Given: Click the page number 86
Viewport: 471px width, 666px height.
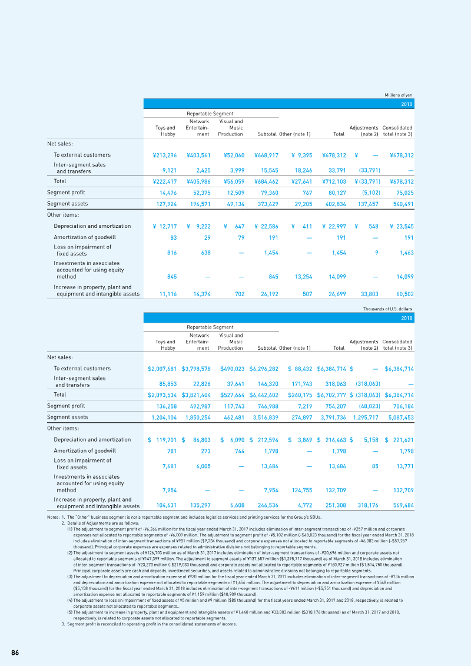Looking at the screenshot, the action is [15, 653].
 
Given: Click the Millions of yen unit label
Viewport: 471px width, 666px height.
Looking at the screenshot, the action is [399, 95].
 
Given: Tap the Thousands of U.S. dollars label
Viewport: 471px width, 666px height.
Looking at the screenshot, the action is [388, 309].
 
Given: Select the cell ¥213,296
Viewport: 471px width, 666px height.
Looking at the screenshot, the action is [165, 155].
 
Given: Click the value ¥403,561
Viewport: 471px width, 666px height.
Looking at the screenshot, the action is [199, 155].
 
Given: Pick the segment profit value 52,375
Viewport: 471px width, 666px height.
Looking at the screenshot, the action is [202, 193].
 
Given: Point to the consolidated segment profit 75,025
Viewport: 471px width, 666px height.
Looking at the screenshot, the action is [405, 193].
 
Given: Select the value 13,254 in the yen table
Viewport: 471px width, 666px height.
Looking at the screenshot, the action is [303, 277].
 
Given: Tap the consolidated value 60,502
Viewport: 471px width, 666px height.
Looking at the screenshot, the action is [405, 294].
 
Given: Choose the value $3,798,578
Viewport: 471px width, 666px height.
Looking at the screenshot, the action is [196, 369].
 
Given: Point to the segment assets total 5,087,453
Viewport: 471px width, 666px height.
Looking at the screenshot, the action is [401, 418].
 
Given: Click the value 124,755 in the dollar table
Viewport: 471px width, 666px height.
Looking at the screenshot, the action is [302, 490].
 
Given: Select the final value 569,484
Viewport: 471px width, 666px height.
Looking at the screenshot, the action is [403, 505].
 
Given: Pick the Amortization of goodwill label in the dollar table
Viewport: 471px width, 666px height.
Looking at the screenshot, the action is [85, 450].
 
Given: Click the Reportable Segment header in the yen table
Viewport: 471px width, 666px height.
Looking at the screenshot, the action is [210, 114].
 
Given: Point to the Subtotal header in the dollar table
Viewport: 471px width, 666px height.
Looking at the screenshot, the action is [267, 348].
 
